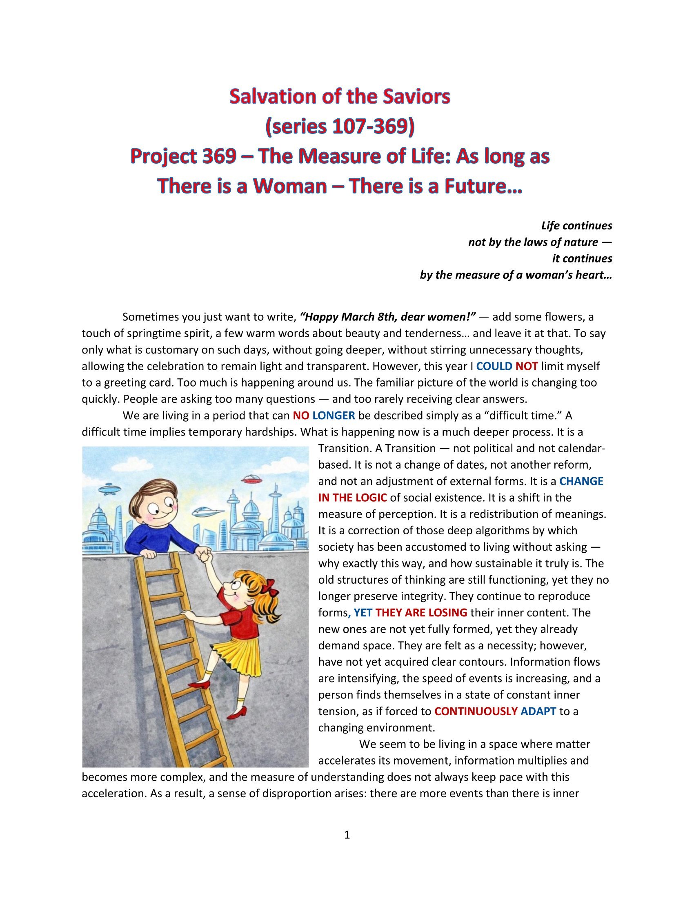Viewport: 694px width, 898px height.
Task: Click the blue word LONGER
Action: click(334, 416)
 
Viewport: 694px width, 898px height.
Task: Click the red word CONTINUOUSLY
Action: click(476, 712)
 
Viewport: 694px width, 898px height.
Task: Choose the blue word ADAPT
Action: click(538, 712)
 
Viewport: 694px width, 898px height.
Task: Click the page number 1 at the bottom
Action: click(347, 835)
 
